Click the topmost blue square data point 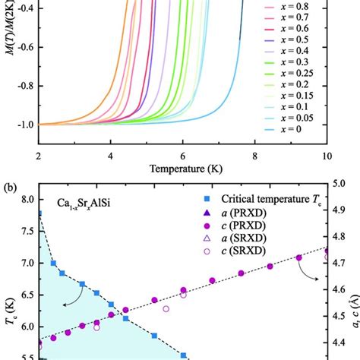[x=39, y=213]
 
